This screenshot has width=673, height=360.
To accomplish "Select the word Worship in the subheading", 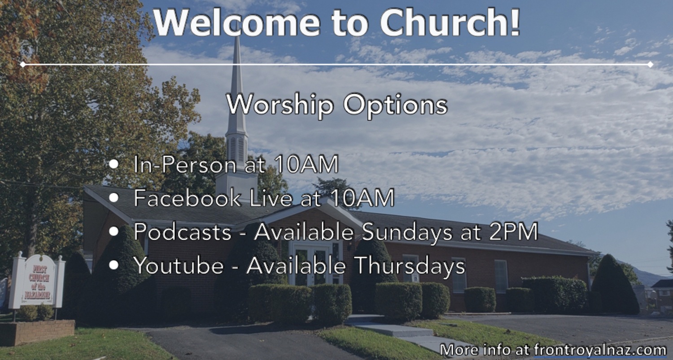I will pyautogui.click(x=280, y=104).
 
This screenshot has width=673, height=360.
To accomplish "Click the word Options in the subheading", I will pyautogui.click(x=396, y=105).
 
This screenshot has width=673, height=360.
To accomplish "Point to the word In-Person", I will pyautogui.click(x=184, y=165).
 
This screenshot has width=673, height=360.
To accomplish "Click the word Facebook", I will pyautogui.click(x=188, y=198).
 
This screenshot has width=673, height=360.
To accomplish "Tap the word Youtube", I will pyautogui.click(x=179, y=266).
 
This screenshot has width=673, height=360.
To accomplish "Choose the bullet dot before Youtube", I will pyautogui.click(x=114, y=265).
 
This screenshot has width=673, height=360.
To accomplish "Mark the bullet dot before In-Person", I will pyautogui.click(x=114, y=164).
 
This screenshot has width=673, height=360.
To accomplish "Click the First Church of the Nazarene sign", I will pyautogui.click(x=38, y=280).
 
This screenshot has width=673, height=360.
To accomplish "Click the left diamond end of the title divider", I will pyautogui.click(x=22, y=65).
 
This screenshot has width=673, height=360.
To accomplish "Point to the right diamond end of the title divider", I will pyautogui.click(x=651, y=65).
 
